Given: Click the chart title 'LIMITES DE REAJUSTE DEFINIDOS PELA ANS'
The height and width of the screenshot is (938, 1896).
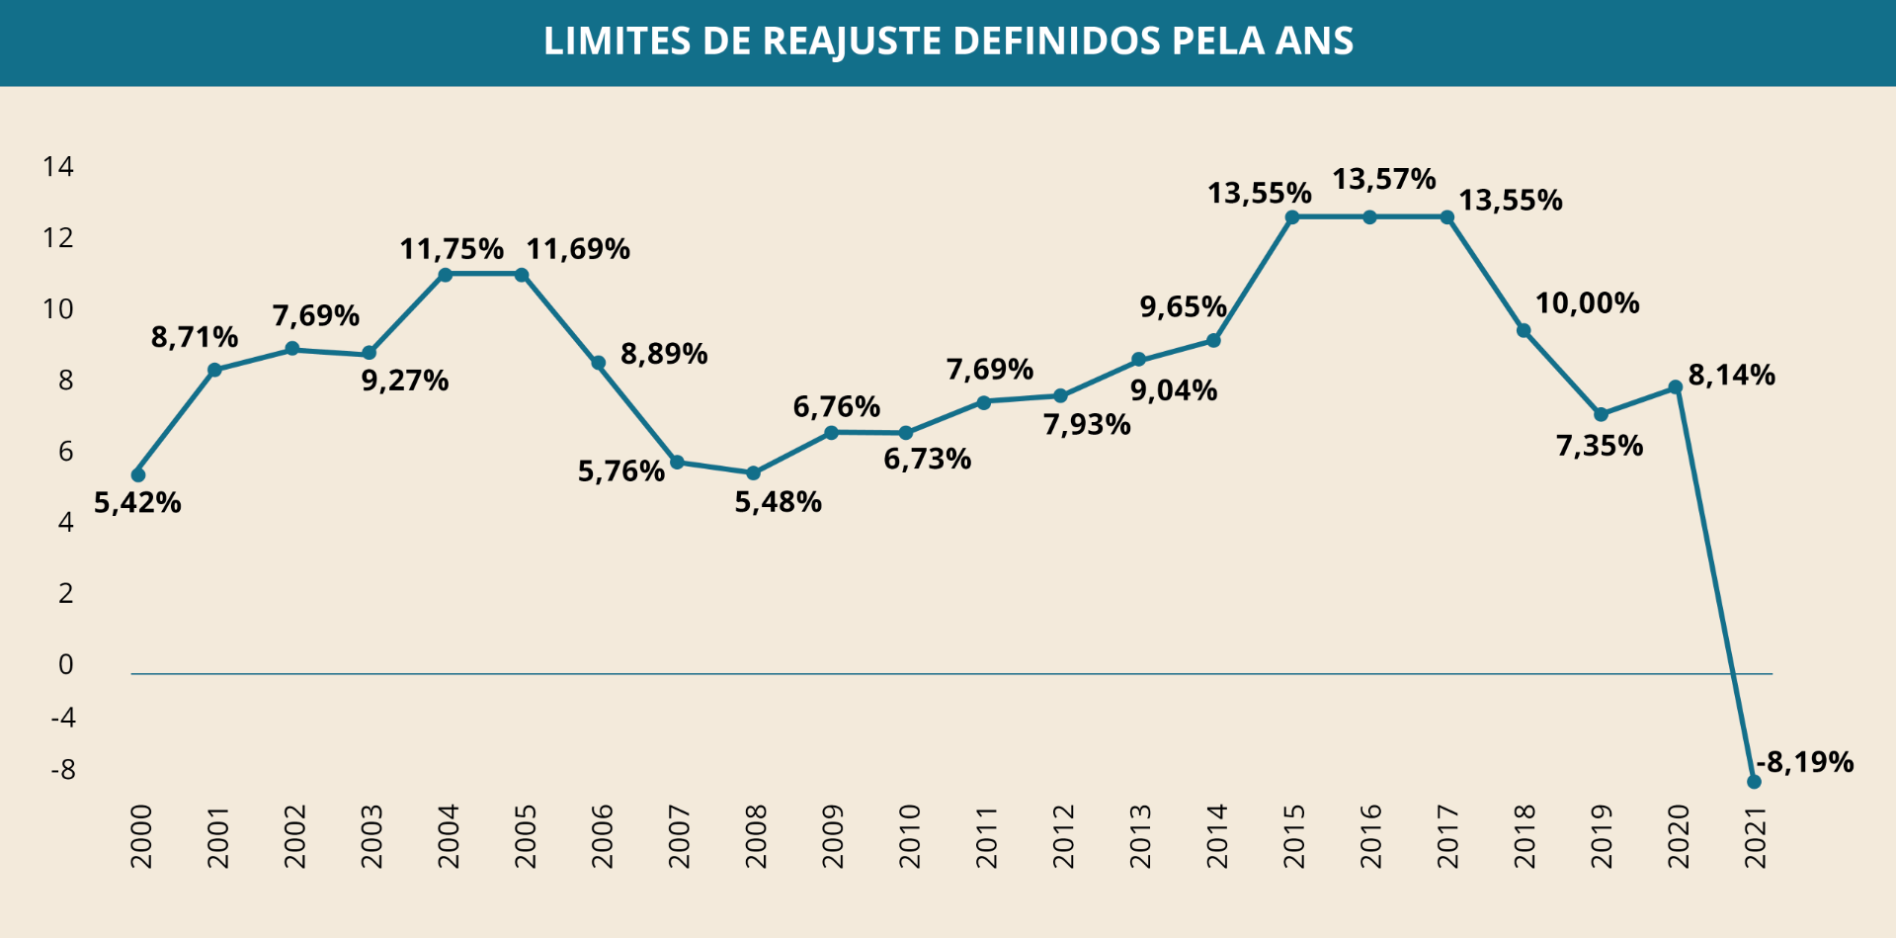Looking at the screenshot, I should click(x=948, y=42).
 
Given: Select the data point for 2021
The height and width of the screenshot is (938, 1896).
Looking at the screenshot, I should click(x=1754, y=782).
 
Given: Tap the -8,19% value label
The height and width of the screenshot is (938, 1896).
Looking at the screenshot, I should click(x=1805, y=762).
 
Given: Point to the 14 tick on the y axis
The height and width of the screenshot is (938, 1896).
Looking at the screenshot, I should click(x=58, y=166).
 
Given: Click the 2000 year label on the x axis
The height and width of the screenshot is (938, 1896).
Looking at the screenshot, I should click(x=141, y=836).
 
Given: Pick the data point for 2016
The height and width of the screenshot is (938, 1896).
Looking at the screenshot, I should click(x=1369, y=217).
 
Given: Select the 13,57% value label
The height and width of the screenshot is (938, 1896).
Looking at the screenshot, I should click(x=1383, y=180).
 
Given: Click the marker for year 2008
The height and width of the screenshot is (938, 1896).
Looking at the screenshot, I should click(x=753, y=473).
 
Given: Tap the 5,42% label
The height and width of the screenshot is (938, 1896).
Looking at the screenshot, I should click(x=137, y=503).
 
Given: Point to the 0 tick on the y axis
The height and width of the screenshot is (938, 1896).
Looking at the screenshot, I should click(x=66, y=664).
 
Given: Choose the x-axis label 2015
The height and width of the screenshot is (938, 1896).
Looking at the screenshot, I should click(x=1293, y=836).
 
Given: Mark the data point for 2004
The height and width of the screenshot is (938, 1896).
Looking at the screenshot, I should click(x=445, y=275).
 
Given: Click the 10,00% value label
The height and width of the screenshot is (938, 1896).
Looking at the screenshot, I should click(x=1587, y=303).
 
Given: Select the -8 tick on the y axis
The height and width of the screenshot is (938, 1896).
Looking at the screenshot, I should click(x=63, y=770).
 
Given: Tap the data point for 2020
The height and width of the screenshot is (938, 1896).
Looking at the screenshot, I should click(x=1675, y=387).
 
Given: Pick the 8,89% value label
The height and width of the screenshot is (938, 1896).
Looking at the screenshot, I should click(x=663, y=354).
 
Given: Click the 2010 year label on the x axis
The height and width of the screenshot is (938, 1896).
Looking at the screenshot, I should click(x=909, y=836).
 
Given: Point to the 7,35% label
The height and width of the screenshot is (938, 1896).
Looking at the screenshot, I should click(x=1600, y=446).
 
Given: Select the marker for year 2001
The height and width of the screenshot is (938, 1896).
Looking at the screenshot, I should click(x=214, y=370).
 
